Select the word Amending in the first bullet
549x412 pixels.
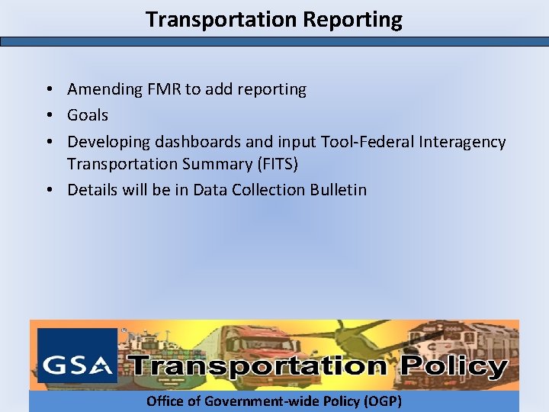coord(104,89)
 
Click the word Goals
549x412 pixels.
coord(88,115)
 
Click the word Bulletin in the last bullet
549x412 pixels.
coord(338,190)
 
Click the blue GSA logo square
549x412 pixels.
coord(77,356)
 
